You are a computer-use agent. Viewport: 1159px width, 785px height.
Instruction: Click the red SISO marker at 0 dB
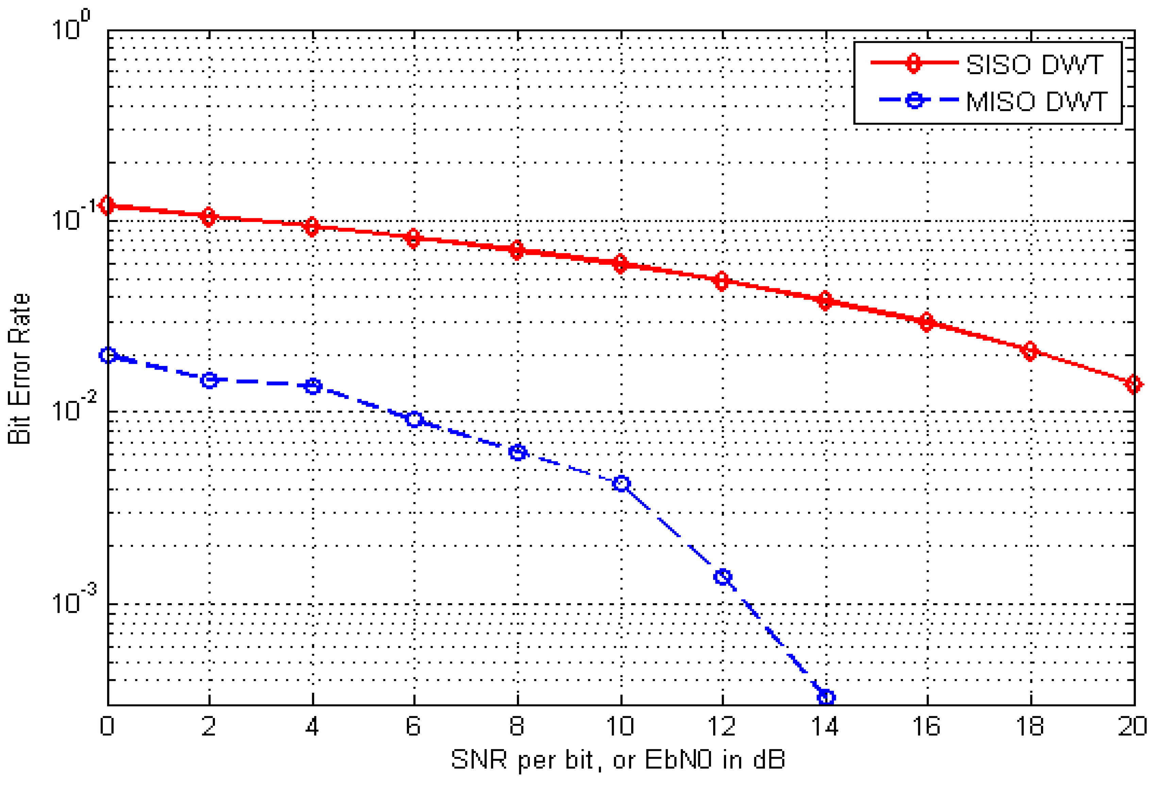107,205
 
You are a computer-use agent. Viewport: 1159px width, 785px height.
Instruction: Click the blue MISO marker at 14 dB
826,697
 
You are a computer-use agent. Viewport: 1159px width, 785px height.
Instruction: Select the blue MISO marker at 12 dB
723,577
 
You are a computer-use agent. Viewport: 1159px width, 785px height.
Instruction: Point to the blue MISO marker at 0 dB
108,355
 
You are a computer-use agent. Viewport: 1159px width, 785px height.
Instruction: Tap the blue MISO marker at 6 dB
414,419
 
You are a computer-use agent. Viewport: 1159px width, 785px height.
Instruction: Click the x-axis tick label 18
1030,726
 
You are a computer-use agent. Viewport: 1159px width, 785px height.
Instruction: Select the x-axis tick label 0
107,726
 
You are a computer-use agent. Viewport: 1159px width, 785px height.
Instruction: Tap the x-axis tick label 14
825,726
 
